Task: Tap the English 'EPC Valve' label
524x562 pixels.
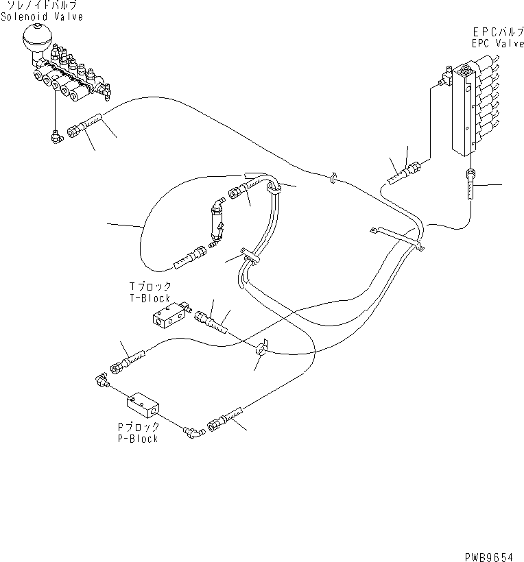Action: coord(497,42)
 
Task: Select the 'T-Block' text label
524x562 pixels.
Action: coord(150,299)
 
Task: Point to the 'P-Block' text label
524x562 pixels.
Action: coord(137,438)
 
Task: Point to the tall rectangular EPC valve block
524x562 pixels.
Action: coord(464,113)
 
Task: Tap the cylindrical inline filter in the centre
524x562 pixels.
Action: coord(213,223)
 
